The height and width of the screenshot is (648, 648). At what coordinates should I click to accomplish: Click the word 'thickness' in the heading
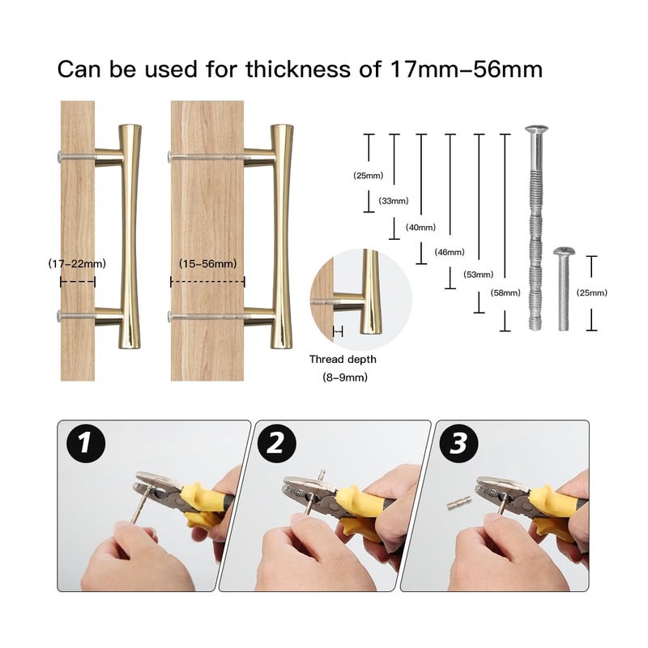click(298, 69)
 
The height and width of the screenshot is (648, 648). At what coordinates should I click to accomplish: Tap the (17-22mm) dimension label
click(77, 263)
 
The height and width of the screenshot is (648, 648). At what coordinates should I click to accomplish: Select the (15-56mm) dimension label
click(208, 263)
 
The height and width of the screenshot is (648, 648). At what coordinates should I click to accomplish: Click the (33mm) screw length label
click(394, 201)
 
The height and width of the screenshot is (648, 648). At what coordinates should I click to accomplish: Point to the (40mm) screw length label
click(420, 228)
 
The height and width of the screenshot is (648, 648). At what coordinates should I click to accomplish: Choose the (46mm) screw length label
click(450, 252)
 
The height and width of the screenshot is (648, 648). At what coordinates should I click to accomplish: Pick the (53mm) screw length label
click(479, 275)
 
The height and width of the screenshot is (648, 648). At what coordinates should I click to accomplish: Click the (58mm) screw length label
click(505, 293)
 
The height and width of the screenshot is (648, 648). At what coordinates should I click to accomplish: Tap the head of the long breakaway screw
click(536, 130)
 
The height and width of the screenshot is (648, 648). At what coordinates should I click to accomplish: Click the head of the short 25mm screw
click(564, 251)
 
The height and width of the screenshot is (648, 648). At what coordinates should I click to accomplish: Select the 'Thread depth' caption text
click(343, 359)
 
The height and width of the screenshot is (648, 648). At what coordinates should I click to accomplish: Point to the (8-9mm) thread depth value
click(345, 377)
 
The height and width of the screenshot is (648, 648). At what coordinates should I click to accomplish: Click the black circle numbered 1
click(86, 443)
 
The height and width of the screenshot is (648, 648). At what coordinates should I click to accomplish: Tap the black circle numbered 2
click(276, 443)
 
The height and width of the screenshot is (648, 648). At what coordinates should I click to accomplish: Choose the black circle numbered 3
click(458, 443)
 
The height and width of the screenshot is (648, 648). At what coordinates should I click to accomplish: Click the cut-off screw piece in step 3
click(459, 503)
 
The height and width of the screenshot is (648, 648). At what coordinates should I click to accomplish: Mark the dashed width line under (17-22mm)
click(78, 282)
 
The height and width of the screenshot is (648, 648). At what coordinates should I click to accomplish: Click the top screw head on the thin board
click(60, 156)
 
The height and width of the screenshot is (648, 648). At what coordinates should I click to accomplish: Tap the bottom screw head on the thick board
click(170, 317)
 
